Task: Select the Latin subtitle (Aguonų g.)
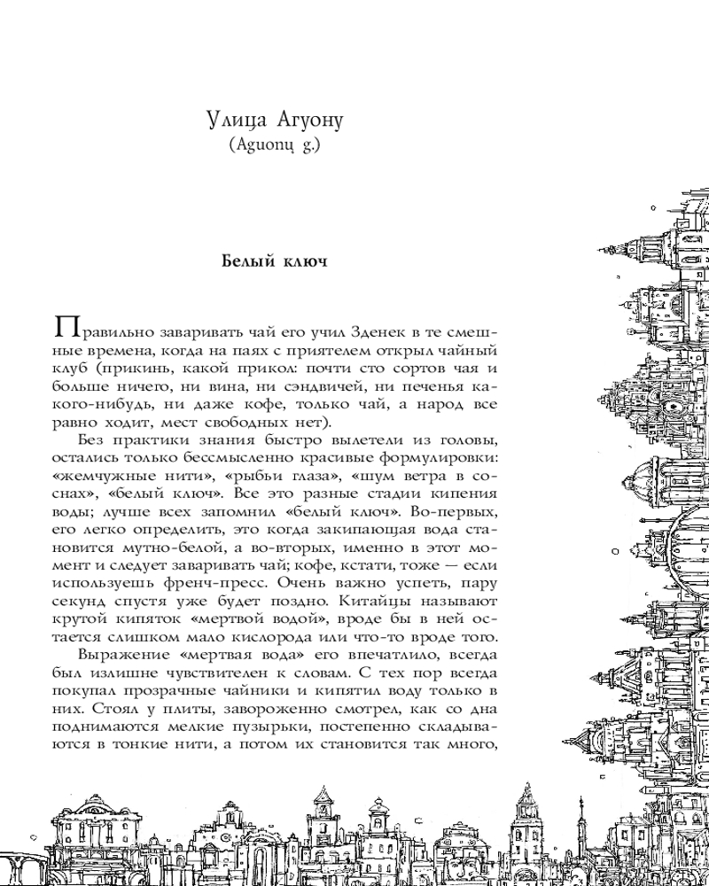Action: (x=271, y=144)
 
